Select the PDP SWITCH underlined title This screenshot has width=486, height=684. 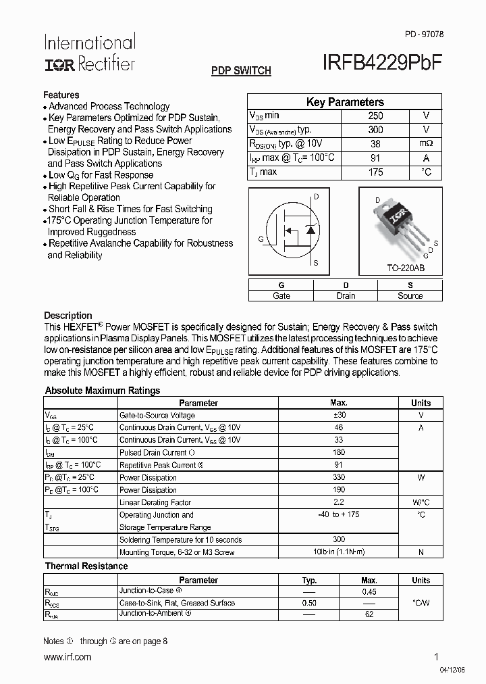pos(241,70)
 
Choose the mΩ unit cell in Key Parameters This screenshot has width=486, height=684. pos(426,144)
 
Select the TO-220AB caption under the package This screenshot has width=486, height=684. pos(405,268)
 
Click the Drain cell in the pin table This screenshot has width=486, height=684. pos(346,295)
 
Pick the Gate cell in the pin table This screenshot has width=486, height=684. pos(281,295)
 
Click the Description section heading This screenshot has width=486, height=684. pos(67,316)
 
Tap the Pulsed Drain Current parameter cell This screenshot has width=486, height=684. pos(157,453)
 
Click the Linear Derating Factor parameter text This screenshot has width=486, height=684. pos(155,503)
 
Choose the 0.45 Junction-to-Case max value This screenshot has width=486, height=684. pos(369,591)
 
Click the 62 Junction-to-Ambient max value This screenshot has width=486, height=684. pos(369,616)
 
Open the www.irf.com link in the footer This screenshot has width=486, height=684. pos(67,657)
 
